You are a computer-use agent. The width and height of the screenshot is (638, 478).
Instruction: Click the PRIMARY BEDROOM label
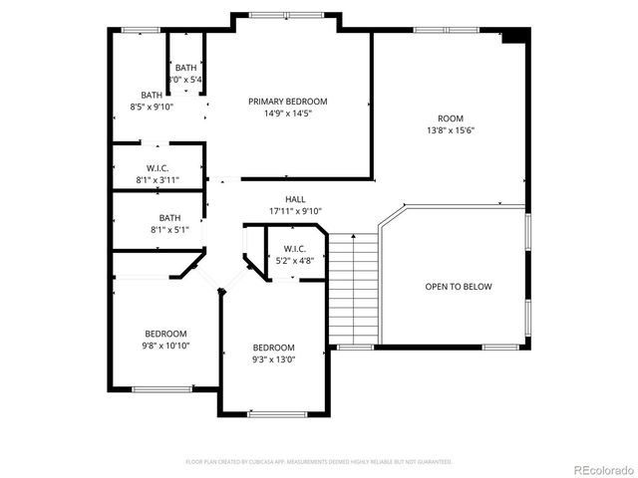pos(288,101)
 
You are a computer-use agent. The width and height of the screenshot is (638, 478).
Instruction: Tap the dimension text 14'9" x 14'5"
pos(288,114)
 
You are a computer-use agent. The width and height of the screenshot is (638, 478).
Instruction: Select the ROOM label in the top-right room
pos(450,118)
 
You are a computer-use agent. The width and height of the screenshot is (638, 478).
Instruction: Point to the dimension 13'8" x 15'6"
pos(450,129)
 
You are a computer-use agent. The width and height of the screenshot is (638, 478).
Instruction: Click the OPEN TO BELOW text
pos(459,287)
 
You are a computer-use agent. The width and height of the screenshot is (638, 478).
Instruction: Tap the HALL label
pos(295,199)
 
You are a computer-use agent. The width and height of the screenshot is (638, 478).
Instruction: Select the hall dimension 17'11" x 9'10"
pos(295,211)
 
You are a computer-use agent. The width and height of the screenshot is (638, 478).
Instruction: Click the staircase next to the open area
pos(355,289)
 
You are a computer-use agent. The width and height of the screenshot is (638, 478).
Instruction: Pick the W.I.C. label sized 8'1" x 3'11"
pos(158,168)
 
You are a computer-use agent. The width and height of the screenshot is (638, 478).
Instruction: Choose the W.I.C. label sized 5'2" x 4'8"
pos(294,248)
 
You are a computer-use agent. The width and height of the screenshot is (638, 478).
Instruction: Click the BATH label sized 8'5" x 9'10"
pos(151,95)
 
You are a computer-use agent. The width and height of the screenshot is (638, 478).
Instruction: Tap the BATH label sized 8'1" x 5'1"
pos(169,218)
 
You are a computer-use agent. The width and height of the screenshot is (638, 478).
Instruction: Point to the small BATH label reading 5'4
pos(185,68)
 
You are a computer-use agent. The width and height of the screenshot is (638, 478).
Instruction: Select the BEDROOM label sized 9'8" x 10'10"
pos(165,334)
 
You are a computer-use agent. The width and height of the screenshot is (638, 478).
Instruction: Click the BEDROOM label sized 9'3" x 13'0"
pos(273,349)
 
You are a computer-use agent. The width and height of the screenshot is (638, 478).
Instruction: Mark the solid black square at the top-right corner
pos(512,36)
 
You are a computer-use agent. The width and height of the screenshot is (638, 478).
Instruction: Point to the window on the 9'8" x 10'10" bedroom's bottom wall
pos(161,388)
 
